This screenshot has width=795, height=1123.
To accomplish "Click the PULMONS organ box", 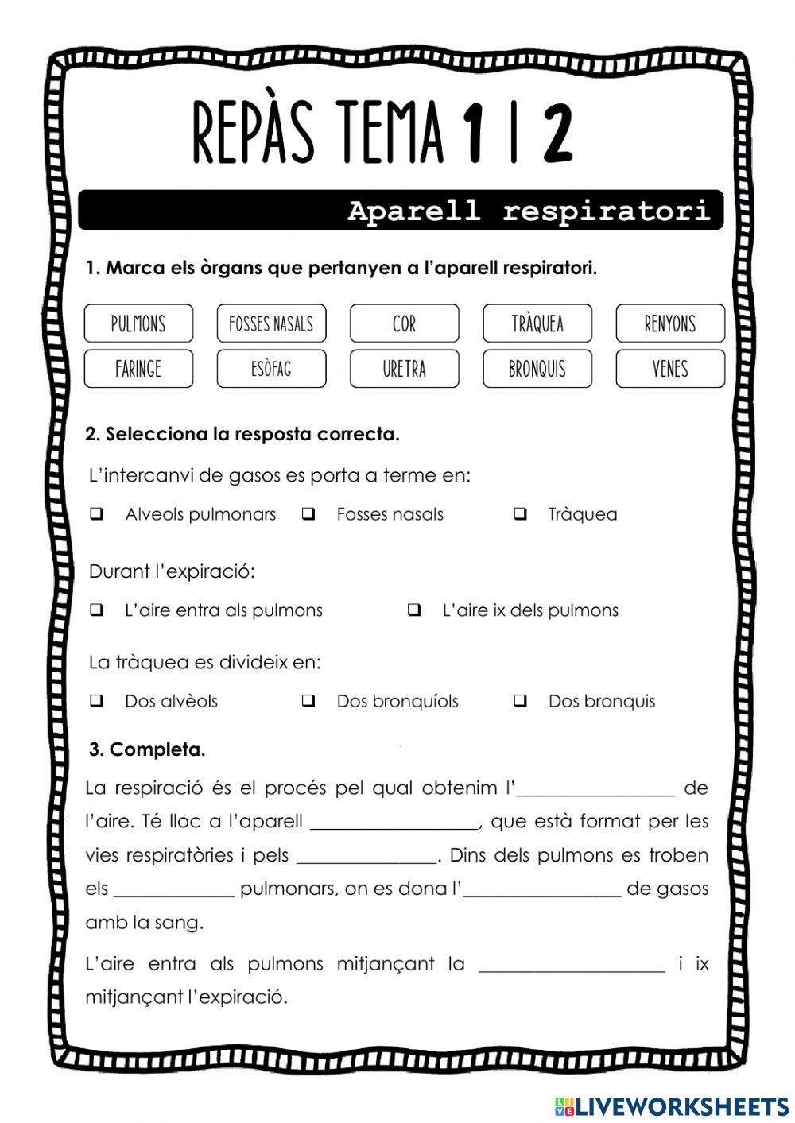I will click(138, 323).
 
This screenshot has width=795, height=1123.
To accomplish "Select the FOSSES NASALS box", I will click(271, 323).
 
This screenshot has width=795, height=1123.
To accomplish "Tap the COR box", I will click(404, 323).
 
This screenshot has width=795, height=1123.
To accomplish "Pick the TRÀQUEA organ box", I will click(537, 323).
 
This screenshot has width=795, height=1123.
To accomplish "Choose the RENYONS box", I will click(670, 323).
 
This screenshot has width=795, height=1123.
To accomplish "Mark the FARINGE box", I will click(138, 369).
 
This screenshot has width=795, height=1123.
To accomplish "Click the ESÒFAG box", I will click(271, 369).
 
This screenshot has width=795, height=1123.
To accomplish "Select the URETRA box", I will click(404, 369).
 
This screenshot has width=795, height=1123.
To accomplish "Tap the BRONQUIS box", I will click(537, 369).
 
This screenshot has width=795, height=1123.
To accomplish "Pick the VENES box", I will click(670, 369).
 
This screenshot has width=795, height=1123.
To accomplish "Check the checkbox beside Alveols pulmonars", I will click(97, 514).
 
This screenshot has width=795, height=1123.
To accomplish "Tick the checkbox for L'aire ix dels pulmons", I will click(414, 610).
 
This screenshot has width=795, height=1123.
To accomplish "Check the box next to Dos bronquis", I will click(520, 701).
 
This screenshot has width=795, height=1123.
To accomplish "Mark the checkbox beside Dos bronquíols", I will click(308, 701).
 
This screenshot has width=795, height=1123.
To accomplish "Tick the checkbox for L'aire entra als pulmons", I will click(97, 610).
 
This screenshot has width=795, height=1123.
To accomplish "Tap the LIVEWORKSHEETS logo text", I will click(681, 1106).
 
